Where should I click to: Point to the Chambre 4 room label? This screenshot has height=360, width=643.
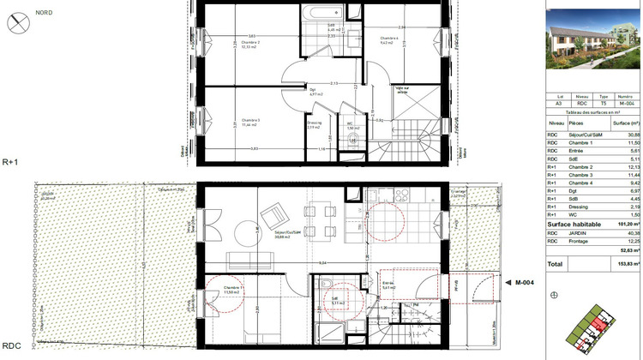391,39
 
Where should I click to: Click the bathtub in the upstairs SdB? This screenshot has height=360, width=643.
321,14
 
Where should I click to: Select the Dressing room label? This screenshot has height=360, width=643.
315,123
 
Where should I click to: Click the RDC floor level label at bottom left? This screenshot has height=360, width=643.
12,346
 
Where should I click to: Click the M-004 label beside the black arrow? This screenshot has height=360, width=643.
525,282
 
